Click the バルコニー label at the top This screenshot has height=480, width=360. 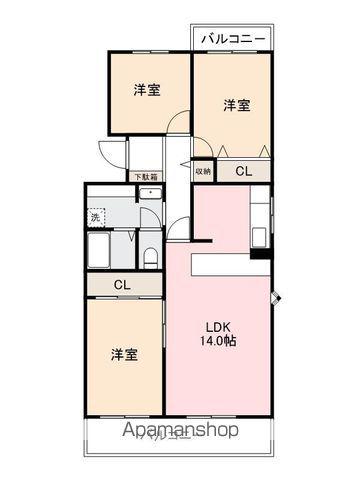232,39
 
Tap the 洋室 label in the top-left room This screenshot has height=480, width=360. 147,90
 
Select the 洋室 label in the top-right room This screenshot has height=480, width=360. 236,104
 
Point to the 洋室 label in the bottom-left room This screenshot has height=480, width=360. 124,354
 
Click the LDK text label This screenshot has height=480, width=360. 219,326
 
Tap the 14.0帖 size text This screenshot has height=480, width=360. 219,341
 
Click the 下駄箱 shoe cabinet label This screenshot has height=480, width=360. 146,177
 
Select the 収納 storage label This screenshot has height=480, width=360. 203,171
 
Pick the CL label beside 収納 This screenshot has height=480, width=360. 243,171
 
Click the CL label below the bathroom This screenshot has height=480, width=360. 122,285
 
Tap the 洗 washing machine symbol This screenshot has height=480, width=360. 96,216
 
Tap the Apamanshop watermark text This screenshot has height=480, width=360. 180,432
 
